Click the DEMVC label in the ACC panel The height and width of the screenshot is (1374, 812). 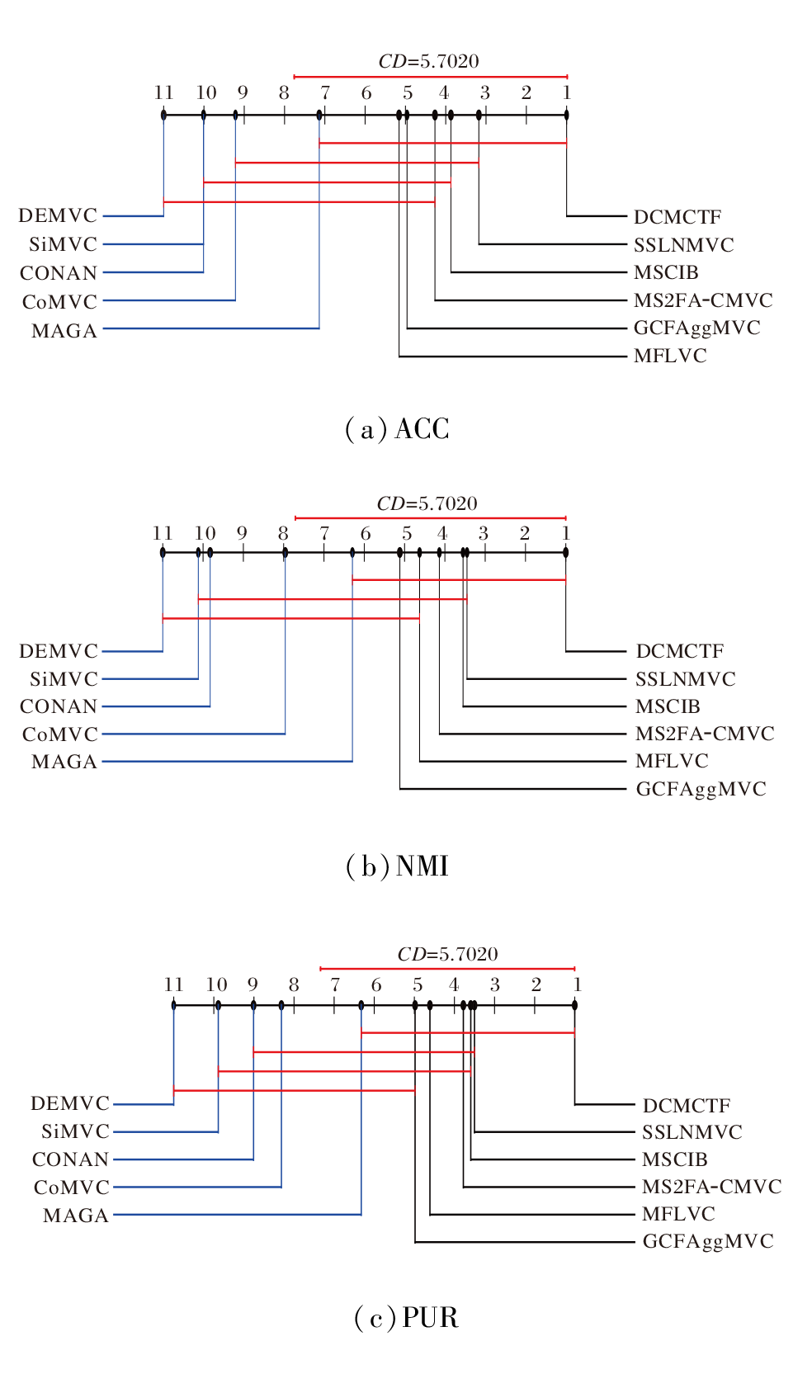tap(58, 215)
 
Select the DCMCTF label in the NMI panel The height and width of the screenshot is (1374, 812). tap(679, 651)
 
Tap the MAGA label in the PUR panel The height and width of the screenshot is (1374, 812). tap(76, 1216)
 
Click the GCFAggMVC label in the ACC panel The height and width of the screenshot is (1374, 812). tap(696, 328)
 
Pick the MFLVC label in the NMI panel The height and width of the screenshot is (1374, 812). tap(671, 761)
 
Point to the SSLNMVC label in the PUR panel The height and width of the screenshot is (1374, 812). tap(692, 1132)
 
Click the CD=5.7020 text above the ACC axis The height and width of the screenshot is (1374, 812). tap(428, 61)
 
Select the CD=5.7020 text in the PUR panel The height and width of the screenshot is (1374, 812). tap(447, 954)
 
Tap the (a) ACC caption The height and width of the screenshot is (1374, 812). tap(397, 429)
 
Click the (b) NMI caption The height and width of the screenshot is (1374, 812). tap(397, 866)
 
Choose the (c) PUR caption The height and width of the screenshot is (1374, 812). tap(405, 1317)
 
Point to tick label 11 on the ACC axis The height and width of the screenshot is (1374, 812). tap(163, 92)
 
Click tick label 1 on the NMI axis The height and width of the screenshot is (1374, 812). tap(566, 533)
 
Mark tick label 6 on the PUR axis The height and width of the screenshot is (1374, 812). tap(376, 984)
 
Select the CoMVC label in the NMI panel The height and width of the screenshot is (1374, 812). tap(59, 734)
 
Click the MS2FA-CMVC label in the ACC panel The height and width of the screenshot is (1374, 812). tap(703, 300)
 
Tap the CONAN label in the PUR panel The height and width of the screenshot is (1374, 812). tap(70, 1159)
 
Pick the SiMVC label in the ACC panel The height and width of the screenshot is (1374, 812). tap(63, 244)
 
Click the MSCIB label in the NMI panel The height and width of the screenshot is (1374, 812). tap(667, 706)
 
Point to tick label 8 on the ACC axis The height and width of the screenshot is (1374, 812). tap(284, 92)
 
